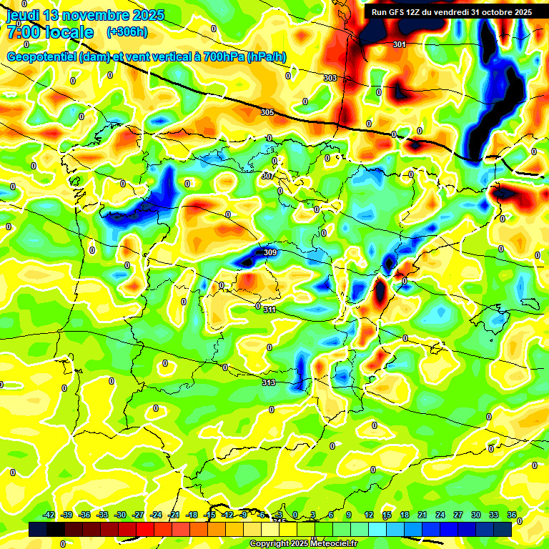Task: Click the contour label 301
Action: tap(400, 44)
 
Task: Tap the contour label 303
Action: tap(330, 78)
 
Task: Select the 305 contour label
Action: tap(267, 112)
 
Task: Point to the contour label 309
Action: tap(269, 252)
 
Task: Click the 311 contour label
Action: tap(269, 310)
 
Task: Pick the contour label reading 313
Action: tap(268, 382)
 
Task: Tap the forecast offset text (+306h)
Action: tap(127, 31)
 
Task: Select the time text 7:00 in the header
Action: tap(26, 32)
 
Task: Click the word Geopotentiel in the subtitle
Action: tap(41, 57)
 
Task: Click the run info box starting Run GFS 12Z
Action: tap(452, 12)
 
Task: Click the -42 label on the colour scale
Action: tap(49, 515)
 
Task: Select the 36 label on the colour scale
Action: tap(512, 515)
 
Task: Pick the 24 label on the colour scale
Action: tap(440, 515)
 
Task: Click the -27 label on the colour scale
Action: tap(138, 515)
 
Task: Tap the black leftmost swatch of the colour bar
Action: tap(38, 529)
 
